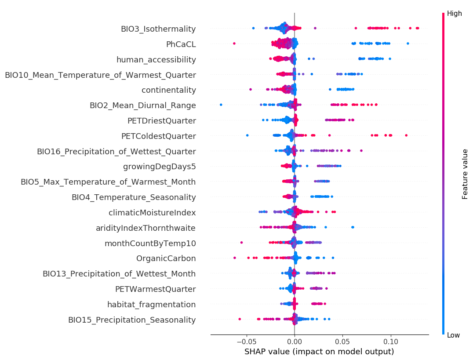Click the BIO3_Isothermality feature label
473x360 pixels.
[158, 29]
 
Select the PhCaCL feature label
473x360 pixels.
[181, 44]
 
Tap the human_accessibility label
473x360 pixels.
[156, 60]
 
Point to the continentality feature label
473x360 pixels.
[169, 90]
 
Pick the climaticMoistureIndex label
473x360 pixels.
[152, 213]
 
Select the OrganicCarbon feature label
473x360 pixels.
[166, 258]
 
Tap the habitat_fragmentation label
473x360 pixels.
[152, 304]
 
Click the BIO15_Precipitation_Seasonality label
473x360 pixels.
[132, 320]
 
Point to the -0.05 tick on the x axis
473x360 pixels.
[246, 342]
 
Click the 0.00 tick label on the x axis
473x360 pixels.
[295, 342]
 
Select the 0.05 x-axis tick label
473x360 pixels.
[342, 342]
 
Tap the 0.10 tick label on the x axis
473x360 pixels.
[391, 342]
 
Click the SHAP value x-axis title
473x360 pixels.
[319, 352]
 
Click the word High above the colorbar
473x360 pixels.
[455, 14]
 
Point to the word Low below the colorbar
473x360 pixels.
[454, 335]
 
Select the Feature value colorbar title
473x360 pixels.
[465, 174]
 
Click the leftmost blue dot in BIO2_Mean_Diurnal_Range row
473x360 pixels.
[221, 105]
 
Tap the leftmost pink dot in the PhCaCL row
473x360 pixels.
[234, 43]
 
